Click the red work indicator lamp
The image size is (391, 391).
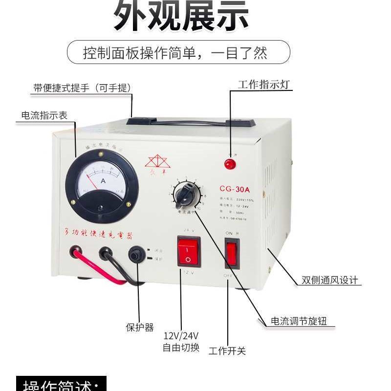coord(229,164)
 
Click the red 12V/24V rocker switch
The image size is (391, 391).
coord(189,251)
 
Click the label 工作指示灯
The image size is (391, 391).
coord(264,85)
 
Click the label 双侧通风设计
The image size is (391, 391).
coord(330,281)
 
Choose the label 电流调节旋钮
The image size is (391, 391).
coord(299,322)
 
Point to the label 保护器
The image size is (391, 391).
coord(140,327)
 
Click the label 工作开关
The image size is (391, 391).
coord(227,351)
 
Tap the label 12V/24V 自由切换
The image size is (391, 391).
coord(181,342)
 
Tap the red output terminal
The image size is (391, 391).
coord(75,253)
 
